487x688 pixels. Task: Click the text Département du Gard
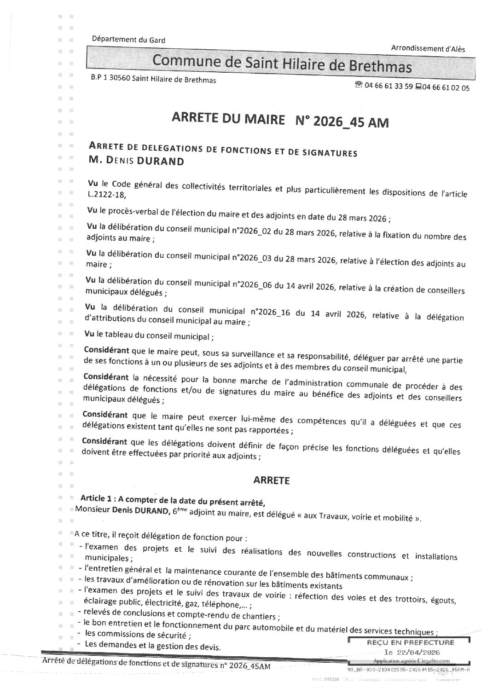(128, 40)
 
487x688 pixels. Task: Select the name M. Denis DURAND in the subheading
(137, 161)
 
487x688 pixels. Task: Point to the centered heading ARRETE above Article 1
(272, 480)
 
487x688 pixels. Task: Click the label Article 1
(96, 498)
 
